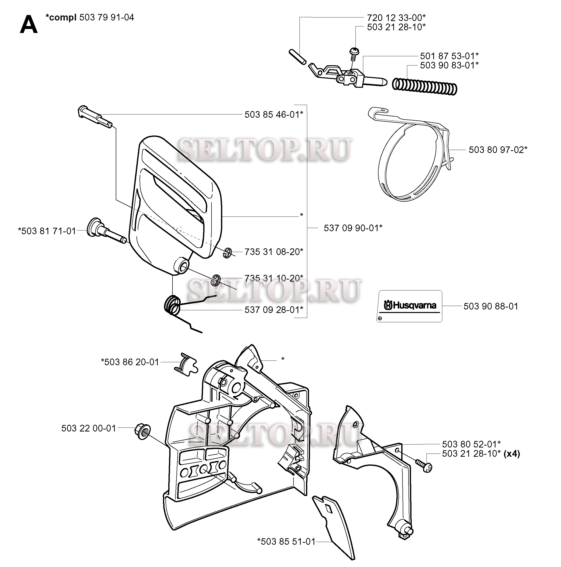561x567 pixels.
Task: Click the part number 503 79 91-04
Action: click(x=106, y=17)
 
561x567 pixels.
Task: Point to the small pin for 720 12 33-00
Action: click(x=297, y=57)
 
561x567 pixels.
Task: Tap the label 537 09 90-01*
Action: click(x=353, y=228)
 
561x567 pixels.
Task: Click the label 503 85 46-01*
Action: click(x=274, y=114)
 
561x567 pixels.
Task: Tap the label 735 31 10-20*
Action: click(x=274, y=278)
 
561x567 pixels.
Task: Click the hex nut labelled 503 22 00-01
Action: click(x=142, y=432)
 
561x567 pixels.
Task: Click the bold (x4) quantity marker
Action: click(x=512, y=454)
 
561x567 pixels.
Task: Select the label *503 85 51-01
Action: click(x=286, y=541)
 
